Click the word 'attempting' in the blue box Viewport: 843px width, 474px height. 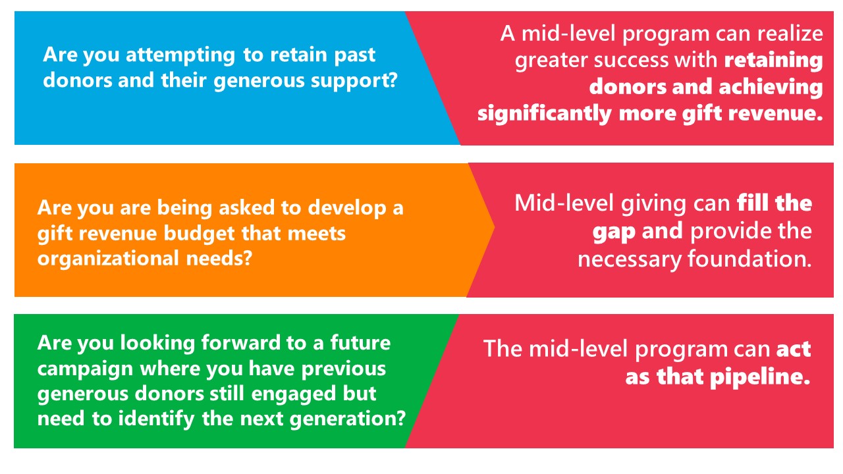pyautogui.click(x=180, y=56)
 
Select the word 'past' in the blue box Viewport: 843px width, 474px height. pyautogui.click(x=355, y=56)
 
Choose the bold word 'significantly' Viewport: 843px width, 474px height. pyautogui.click(x=544, y=114)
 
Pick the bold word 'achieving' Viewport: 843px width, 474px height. pyautogui.click(x=771, y=88)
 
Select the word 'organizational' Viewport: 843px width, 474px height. pyautogui.click(x=108, y=259)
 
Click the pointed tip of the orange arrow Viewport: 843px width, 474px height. pyautogui.click(x=495, y=227)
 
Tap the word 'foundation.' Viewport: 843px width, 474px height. pyautogui.click(x=749, y=259)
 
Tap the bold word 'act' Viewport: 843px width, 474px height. pyautogui.click(x=794, y=350)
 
